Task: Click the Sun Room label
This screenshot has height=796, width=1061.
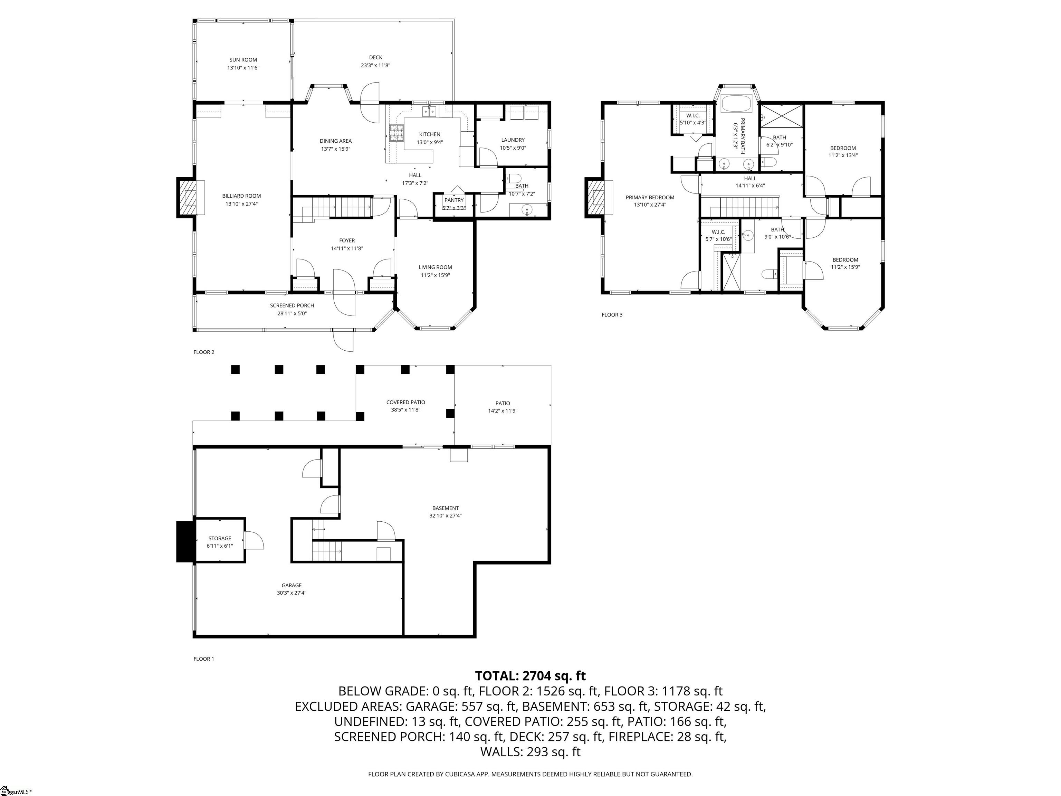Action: pyautogui.click(x=243, y=60)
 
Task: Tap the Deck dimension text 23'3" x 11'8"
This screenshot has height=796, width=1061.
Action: pyautogui.click(x=375, y=66)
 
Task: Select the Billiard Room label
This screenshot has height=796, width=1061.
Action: pyautogui.click(x=241, y=196)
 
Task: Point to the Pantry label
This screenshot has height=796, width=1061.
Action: pyautogui.click(x=454, y=200)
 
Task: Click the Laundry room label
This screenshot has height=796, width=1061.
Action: pyautogui.click(x=513, y=140)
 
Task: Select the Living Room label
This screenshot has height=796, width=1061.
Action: pyautogui.click(x=435, y=267)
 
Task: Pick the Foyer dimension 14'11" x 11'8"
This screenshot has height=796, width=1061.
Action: pyautogui.click(x=347, y=248)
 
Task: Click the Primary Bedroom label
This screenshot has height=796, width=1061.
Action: pyautogui.click(x=650, y=197)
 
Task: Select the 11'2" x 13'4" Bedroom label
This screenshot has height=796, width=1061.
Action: pyautogui.click(x=843, y=148)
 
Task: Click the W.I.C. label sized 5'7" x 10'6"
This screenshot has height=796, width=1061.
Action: pyautogui.click(x=718, y=232)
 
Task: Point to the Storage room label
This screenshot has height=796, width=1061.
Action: pyautogui.click(x=220, y=538)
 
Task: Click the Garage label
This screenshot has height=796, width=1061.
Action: pyautogui.click(x=291, y=585)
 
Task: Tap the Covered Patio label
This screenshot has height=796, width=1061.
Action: pyautogui.click(x=406, y=402)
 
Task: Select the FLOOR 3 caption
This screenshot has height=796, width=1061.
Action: pyautogui.click(x=612, y=315)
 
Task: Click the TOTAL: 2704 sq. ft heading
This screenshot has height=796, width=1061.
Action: pyautogui.click(x=530, y=676)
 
